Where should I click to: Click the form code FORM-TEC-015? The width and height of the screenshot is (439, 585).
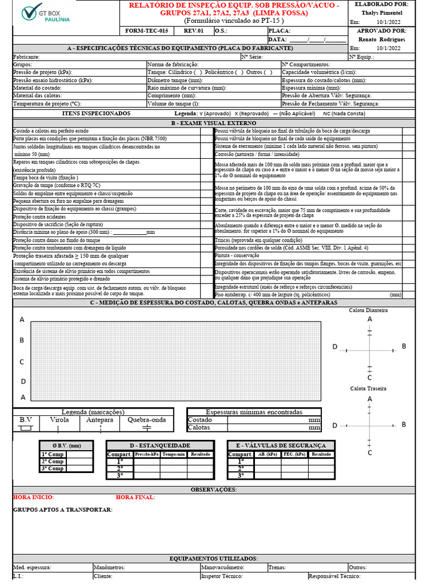[147, 31]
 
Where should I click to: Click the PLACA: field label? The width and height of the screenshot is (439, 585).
[280, 31]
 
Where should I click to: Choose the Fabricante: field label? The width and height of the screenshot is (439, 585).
[26, 57]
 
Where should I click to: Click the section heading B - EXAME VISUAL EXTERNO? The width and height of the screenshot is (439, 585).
[214, 123]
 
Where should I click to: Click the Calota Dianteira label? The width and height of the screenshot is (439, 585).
[369, 310]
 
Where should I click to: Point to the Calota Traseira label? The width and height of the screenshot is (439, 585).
[369, 388]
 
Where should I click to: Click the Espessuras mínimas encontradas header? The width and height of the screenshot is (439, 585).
[254, 412]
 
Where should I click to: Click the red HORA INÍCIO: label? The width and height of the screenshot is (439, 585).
[33, 497]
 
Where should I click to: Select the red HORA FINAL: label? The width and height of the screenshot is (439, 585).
[135, 497]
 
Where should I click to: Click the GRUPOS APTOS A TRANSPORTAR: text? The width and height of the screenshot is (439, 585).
[62, 510]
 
